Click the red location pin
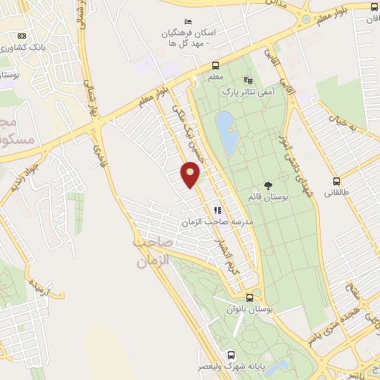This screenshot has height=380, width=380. click(191, 175)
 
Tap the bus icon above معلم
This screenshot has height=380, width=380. click(215, 65)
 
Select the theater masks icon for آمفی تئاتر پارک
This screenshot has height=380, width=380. click(248, 80)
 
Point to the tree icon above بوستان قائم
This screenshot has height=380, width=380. click(267, 186)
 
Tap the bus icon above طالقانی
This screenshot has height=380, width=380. click(336, 181)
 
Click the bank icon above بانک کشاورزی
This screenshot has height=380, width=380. click(21, 36)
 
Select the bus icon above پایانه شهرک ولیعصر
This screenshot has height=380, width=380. click(231, 355)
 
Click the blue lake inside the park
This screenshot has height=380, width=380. click(227, 132)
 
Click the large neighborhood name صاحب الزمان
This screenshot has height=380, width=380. click(153, 252)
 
